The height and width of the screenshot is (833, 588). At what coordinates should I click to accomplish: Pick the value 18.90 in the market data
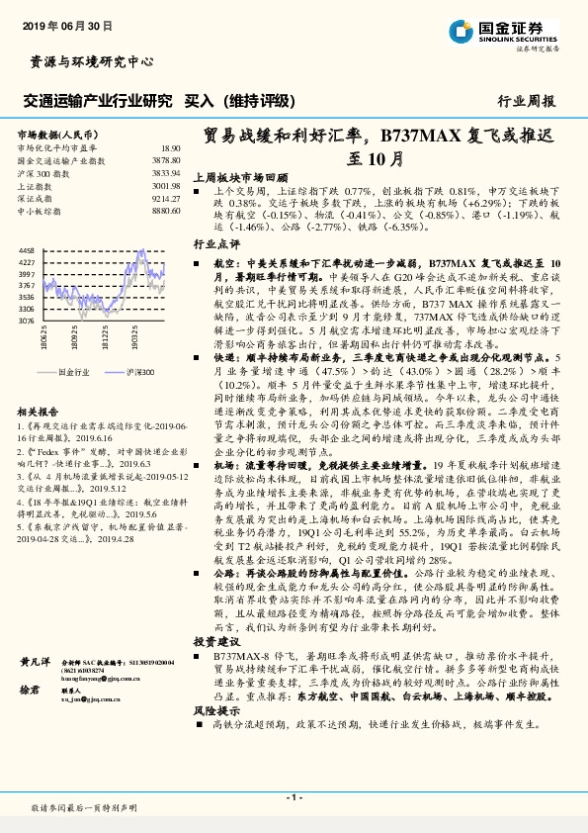pos(170,146)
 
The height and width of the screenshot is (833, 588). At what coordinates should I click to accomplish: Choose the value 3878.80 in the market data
pos(165,159)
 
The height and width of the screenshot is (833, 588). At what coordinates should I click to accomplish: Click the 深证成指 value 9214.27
pos(165,198)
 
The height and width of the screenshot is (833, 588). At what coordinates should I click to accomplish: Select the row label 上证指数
pos(36,185)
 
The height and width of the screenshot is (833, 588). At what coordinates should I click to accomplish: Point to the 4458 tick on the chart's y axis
pos(28,251)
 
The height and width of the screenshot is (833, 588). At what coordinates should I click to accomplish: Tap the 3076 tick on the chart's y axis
pos(28,321)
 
